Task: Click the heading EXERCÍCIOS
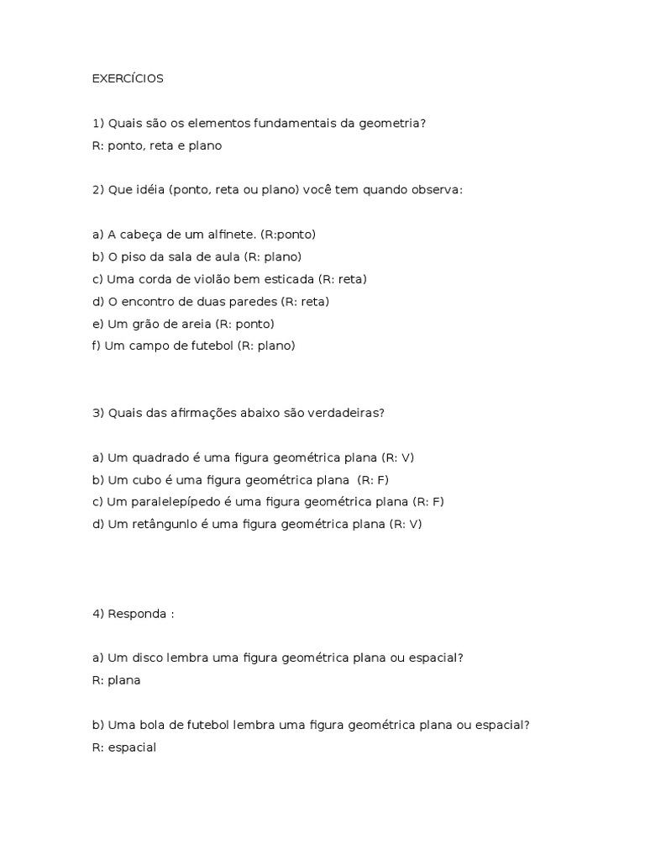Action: pos(128,79)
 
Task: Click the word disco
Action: pos(157,658)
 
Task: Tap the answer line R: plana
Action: pos(116,680)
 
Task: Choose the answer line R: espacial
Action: pos(124,747)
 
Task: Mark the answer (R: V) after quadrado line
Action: pos(398,457)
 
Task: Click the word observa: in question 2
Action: pos(436,190)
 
